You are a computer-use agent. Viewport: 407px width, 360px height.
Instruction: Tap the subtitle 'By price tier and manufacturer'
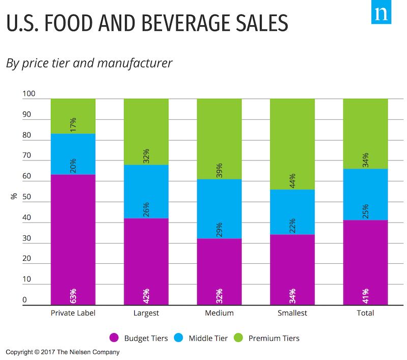click(89, 64)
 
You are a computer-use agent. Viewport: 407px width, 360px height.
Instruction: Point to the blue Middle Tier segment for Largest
click(147, 191)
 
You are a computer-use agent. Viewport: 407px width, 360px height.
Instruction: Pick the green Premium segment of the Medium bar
click(219, 139)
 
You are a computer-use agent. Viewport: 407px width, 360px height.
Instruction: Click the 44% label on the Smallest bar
click(293, 180)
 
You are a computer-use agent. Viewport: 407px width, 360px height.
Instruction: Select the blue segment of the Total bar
click(365, 195)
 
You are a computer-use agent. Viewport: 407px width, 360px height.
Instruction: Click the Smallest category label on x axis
click(293, 313)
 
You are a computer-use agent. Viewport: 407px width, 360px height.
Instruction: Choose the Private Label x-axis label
click(73, 313)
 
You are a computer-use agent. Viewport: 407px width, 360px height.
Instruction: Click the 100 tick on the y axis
click(28, 94)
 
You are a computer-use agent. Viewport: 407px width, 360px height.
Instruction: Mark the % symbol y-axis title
click(14, 196)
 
